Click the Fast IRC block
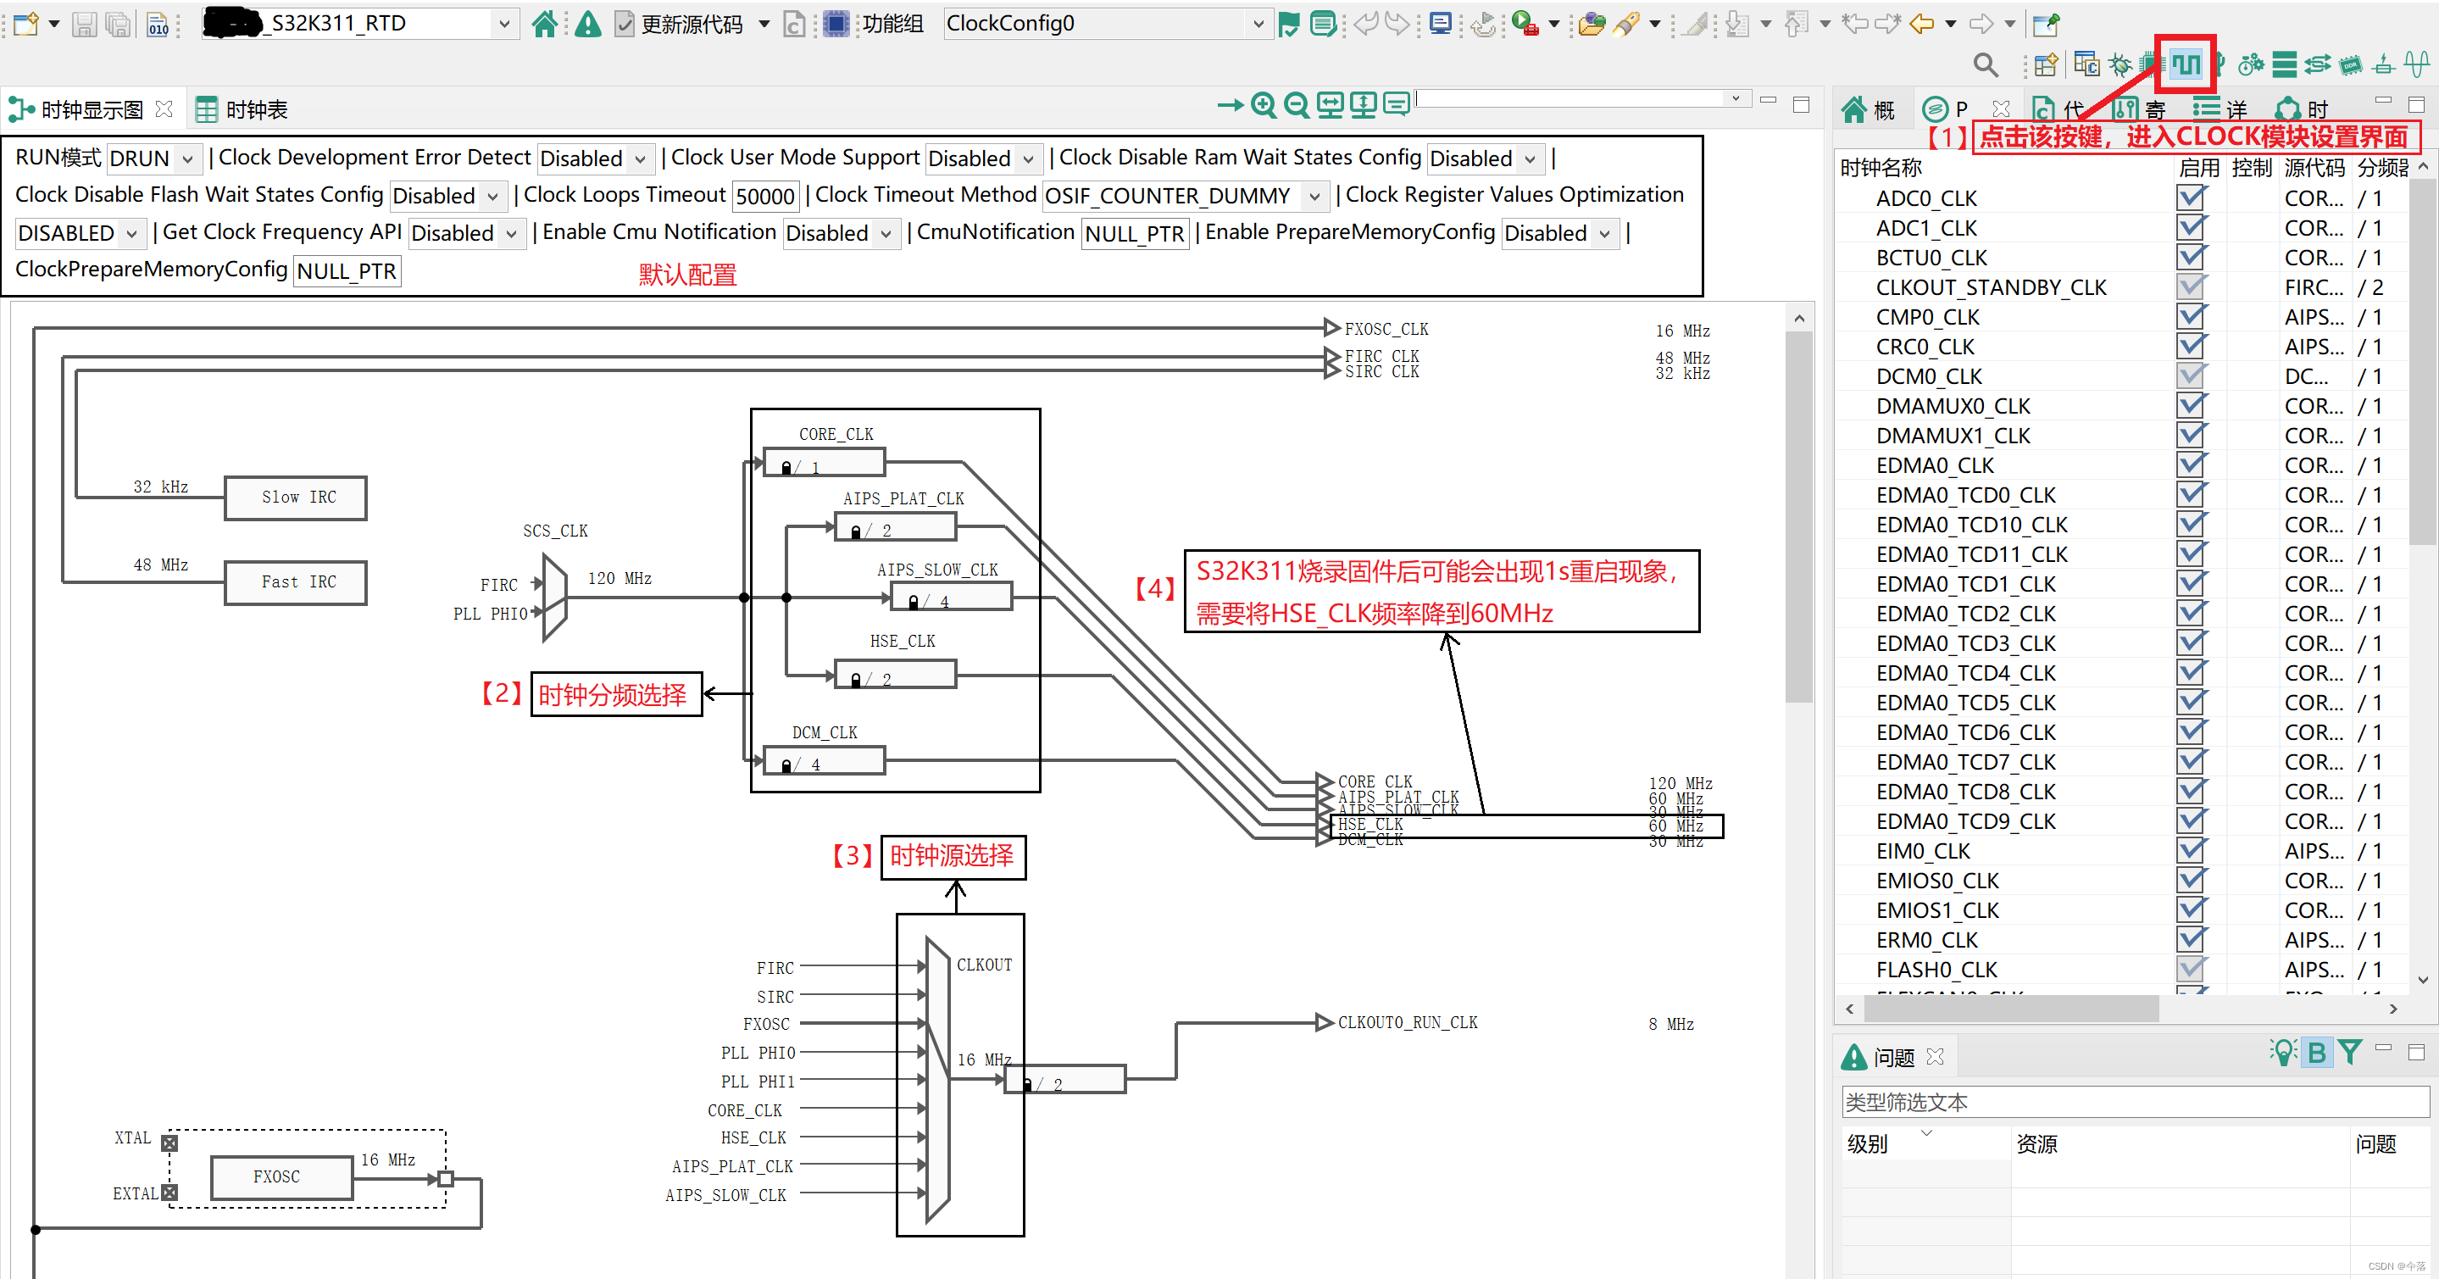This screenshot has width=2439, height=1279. click(296, 582)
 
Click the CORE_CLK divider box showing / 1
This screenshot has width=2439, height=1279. click(824, 464)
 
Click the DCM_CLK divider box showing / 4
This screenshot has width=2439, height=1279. click(824, 762)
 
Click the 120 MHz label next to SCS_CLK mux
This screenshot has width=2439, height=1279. click(619, 578)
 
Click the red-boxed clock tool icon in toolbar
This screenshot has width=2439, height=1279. click(2186, 64)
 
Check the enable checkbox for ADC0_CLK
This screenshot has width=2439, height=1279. click(2190, 197)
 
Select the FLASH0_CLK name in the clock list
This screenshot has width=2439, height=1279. click(1936, 970)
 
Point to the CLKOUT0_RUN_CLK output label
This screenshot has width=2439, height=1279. click(1407, 1022)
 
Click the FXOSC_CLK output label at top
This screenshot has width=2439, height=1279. click(1386, 330)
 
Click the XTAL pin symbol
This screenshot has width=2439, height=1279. click(169, 1143)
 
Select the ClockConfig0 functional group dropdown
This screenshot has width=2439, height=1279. click(1103, 24)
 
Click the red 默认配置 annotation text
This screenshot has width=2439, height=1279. click(687, 275)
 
